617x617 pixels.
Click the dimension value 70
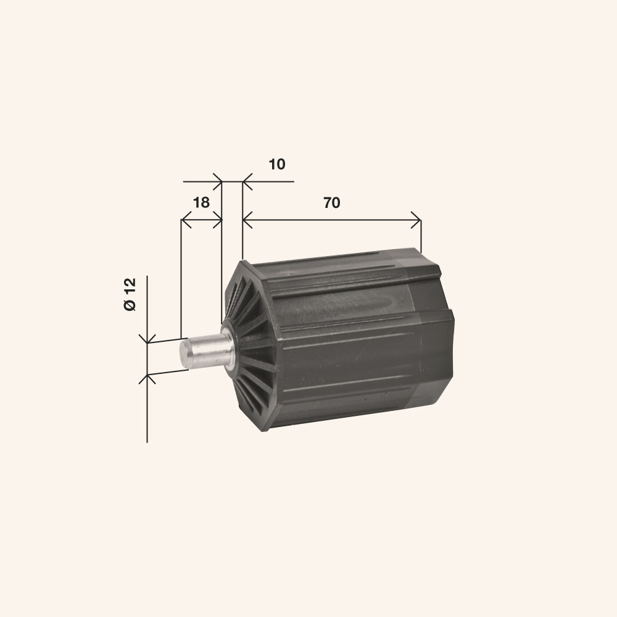point(331,203)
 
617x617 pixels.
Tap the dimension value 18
point(201,202)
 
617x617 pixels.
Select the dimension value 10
point(277,164)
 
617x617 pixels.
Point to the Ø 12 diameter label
point(130,294)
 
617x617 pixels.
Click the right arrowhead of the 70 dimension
point(418,219)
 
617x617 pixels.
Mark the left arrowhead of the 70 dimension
point(247,219)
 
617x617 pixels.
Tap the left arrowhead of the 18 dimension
point(184,220)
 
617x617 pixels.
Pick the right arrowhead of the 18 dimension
point(217,220)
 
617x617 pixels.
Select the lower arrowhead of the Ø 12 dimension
point(147,378)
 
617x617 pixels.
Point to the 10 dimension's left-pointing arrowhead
point(246,182)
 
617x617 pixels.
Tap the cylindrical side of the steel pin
point(210,349)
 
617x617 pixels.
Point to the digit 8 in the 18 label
point(205,202)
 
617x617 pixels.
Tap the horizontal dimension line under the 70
point(333,219)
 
